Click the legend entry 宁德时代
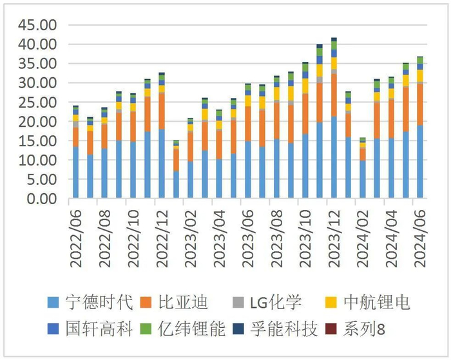pyautogui.click(x=87, y=302)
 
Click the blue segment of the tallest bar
pyautogui.click(x=333, y=157)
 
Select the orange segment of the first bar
pyautogui.click(x=76, y=137)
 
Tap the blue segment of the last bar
pyautogui.click(x=419, y=161)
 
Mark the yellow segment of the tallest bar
pyautogui.click(x=333, y=63)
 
